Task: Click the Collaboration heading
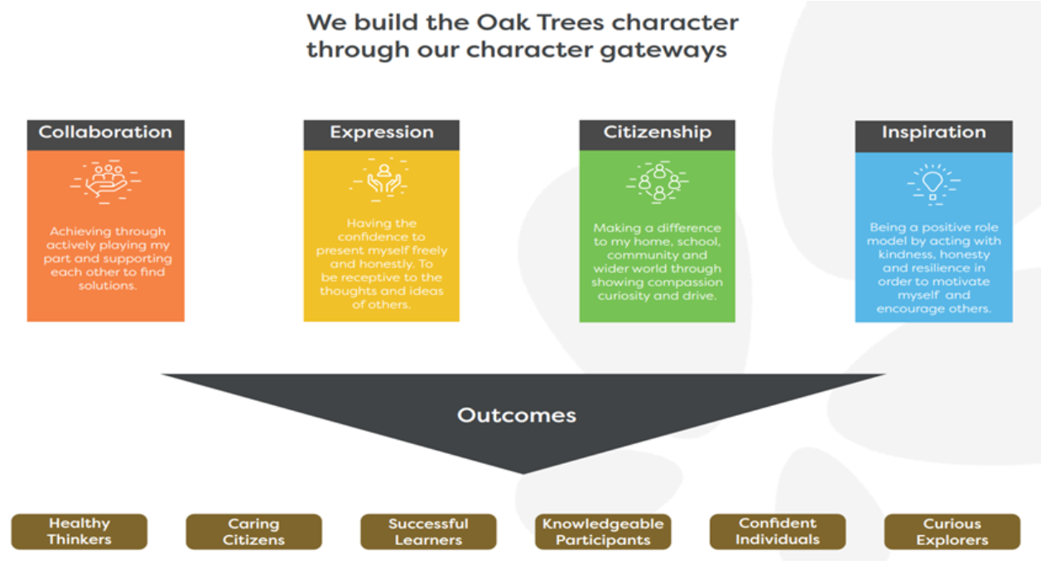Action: click(105, 133)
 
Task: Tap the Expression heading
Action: click(381, 133)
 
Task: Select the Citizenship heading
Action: click(657, 133)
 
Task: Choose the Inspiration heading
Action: click(933, 133)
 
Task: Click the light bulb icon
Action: click(933, 183)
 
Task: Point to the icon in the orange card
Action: click(105, 181)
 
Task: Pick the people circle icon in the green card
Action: click(658, 183)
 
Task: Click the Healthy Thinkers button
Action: click(79, 532)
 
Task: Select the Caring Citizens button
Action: click(253, 532)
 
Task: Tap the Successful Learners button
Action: click(428, 532)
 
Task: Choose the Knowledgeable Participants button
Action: click(603, 532)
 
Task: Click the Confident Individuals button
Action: click(778, 532)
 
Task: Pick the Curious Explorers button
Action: click(952, 532)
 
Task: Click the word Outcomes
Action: click(517, 415)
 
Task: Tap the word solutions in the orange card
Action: click(105, 285)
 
